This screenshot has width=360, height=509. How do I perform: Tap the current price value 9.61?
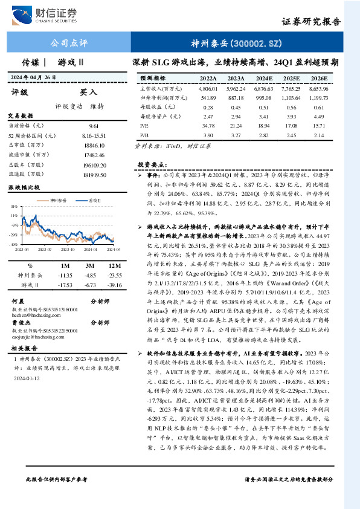(x=94, y=125)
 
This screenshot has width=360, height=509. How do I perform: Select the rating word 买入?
(x=89, y=92)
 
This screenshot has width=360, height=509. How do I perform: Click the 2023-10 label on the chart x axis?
(x=69, y=249)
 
